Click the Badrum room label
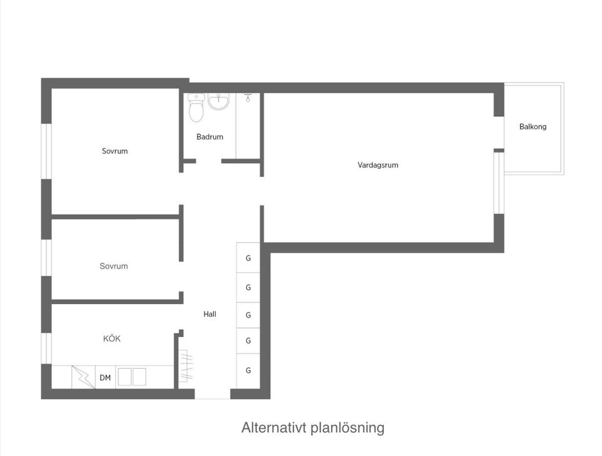click(x=209, y=137)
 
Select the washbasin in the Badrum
click(x=219, y=102)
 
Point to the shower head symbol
click(x=248, y=97)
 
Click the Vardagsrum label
click(x=378, y=166)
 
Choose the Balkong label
click(x=533, y=127)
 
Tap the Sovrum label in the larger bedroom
click(x=115, y=151)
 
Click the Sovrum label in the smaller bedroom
click(x=114, y=266)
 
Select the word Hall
click(x=210, y=314)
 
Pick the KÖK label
click(x=112, y=339)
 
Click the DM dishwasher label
click(x=105, y=378)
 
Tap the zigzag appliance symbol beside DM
click(x=83, y=376)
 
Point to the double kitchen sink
click(x=132, y=377)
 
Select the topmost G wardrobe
click(x=248, y=258)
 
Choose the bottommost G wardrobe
click(x=248, y=371)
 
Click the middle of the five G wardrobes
click(x=248, y=315)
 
